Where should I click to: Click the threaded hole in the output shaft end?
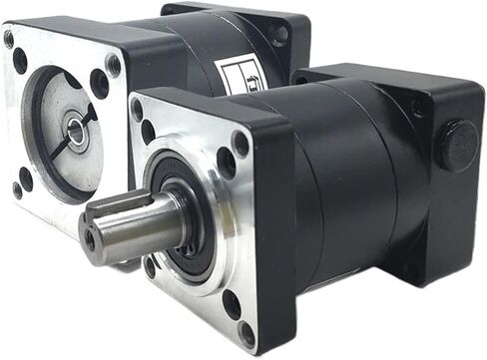[x=91, y=240]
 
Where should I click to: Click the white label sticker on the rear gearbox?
[x=236, y=76]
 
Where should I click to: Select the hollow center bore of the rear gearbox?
[x=76, y=128]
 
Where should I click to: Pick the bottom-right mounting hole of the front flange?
[x=232, y=302]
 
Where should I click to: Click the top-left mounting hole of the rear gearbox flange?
[x=20, y=61]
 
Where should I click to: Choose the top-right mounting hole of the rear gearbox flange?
[x=100, y=83]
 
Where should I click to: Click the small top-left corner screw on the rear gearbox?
[x=9, y=40]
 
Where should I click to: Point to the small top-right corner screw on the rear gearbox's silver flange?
[x=113, y=65]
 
